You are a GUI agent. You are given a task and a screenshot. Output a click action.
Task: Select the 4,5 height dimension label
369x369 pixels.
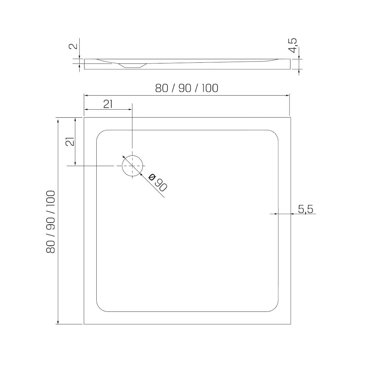[x=293, y=46]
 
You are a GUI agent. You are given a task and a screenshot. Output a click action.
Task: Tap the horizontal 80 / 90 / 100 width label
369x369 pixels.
[x=187, y=88]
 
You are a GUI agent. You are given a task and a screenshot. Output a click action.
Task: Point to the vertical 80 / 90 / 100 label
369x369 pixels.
[x=51, y=222]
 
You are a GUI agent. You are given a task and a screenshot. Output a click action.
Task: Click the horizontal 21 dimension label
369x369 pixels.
[x=108, y=104]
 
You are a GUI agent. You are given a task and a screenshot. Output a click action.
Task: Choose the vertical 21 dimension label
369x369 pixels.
[x=70, y=141]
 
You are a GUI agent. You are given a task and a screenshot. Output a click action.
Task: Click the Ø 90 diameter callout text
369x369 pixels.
[x=158, y=182]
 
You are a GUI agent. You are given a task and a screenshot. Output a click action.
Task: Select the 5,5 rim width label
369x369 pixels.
[x=306, y=209]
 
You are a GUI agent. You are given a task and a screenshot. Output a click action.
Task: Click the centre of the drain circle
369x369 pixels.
[x=132, y=166]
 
